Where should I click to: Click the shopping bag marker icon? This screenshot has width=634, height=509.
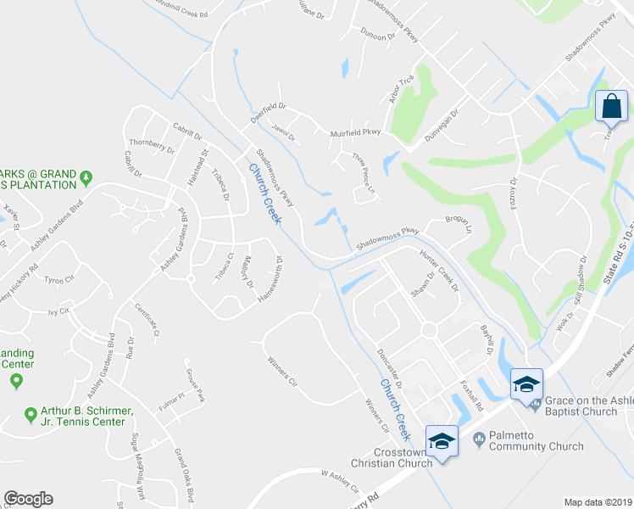coord(611,107)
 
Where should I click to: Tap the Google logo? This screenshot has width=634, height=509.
coord(28,499)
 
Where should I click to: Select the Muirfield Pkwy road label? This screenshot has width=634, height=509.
coord(355,132)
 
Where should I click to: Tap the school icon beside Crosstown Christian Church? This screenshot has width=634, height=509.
coord(441,440)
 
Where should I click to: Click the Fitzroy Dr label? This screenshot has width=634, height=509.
coord(514,194)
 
